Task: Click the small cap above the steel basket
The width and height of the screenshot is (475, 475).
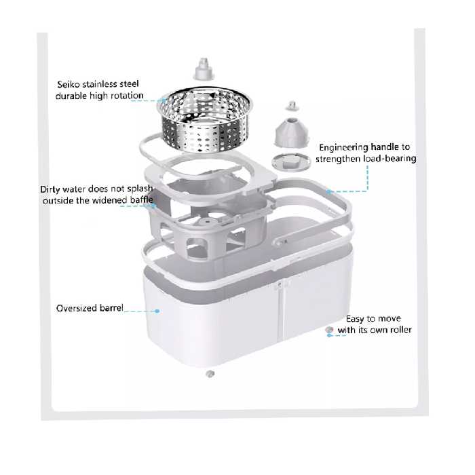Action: click(204, 69)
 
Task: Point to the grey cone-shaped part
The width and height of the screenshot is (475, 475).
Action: click(291, 132)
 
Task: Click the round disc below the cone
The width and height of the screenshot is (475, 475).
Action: click(291, 161)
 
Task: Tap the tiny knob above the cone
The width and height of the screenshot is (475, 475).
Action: click(292, 106)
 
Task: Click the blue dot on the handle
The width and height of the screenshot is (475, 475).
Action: click(328, 191)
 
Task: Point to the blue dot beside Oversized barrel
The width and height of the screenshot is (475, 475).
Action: click(157, 311)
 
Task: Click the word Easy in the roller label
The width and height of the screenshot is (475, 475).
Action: click(355, 319)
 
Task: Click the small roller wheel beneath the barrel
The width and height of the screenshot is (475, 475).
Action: click(210, 374)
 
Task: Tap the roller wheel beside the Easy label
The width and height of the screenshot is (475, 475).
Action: click(329, 330)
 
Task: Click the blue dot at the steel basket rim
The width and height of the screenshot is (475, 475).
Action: click(164, 100)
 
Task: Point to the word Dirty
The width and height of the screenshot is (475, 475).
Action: click(51, 189)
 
